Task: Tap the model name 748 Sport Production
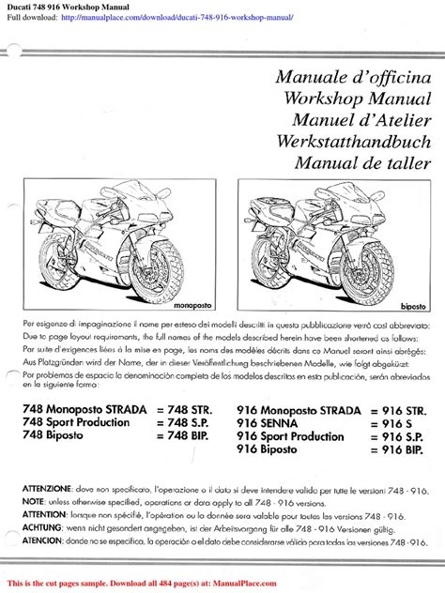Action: pyautogui.click(x=80, y=423)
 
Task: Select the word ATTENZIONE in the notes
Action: pyautogui.click(x=44, y=490)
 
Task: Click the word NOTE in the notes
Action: pyautogui.click(x=33, y=503)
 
